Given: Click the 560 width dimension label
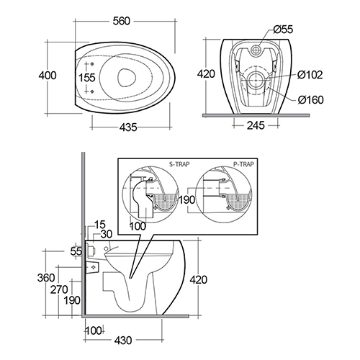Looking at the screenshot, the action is (x=122, y=21).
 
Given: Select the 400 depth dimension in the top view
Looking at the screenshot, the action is (x=48, y=76).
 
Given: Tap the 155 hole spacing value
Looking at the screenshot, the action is (x=87, y=78).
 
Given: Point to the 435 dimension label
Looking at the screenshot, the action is (x=128, y=127).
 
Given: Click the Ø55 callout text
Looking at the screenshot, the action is (x=283, y=30).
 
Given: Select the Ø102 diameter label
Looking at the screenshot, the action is (x=310, y=75).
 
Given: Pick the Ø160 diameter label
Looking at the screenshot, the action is (x=311, y=99).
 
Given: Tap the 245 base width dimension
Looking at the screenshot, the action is (x=256, y=125).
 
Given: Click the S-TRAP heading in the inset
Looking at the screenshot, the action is (x=179, y=164).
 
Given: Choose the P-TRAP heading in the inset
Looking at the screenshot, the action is (x=243, y=164).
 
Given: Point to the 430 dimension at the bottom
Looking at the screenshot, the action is (x=123, y=341).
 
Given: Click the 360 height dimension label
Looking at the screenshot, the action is (x=46, y=278).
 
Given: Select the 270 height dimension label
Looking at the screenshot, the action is (x=59, y=289).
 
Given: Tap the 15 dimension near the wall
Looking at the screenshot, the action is (x=100, y=225).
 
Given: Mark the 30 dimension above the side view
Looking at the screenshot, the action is (x=107, y=235).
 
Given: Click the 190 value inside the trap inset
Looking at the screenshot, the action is (x=187, y=199).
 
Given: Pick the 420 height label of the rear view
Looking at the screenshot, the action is (x=206, y=74).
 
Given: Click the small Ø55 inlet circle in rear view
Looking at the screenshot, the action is (x=256, y=50).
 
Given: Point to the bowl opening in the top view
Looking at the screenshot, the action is (x=127, y=78).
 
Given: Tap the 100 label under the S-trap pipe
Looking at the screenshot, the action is (x=138, y=226).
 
